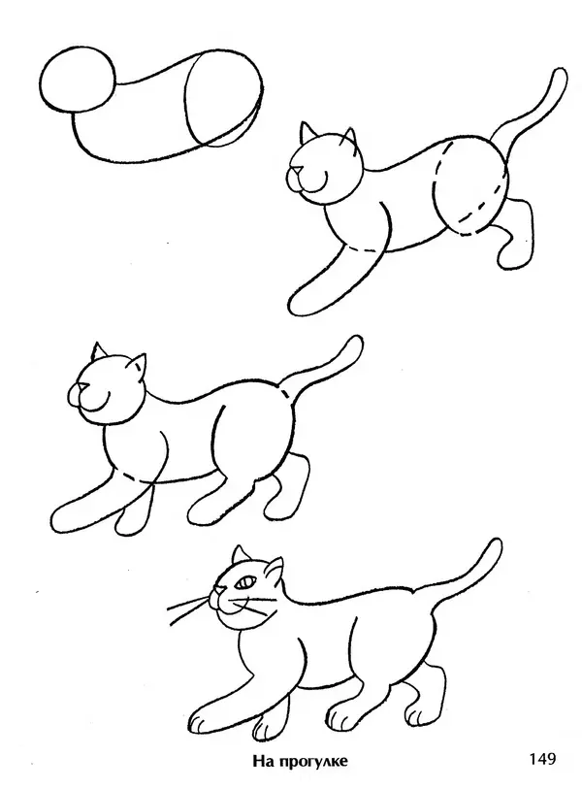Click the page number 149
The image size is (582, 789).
(x=542, y=758)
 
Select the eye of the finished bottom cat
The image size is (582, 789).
(x=245, y=582)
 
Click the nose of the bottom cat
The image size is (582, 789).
(x=219, y=589)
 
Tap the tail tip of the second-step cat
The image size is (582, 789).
(x=559, y=77)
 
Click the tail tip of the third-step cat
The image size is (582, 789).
(x=355, y=344)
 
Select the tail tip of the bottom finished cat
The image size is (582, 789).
(x=494, y=547)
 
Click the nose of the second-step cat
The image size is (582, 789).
(x=299, y=171)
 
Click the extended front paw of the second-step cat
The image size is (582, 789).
(x=302, y=301)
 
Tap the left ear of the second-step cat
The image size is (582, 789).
(x=307, y=132)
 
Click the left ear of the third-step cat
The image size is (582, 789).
(x=97, y=350)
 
